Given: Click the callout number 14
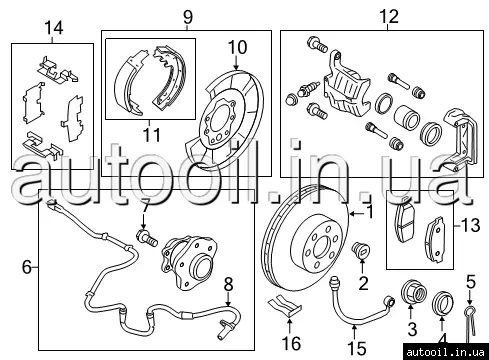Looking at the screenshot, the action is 54,28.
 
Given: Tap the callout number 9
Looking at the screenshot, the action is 188,17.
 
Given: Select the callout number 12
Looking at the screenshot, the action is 389,16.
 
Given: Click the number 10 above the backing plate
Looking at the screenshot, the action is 237,47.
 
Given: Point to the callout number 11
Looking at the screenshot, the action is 152,135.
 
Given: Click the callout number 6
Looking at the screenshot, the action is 27,267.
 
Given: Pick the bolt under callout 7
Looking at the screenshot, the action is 147,237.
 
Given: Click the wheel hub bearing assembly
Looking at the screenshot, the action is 188,263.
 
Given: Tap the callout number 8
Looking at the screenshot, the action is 228,285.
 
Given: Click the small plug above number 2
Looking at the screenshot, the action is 361,250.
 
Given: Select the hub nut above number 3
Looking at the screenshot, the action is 413,292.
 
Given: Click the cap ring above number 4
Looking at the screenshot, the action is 442,303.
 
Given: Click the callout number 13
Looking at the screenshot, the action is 471,225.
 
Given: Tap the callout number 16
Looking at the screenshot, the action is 291,343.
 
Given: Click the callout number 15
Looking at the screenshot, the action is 357,348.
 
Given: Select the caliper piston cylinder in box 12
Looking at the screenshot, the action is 406,117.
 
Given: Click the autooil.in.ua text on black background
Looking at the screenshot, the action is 445,352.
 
